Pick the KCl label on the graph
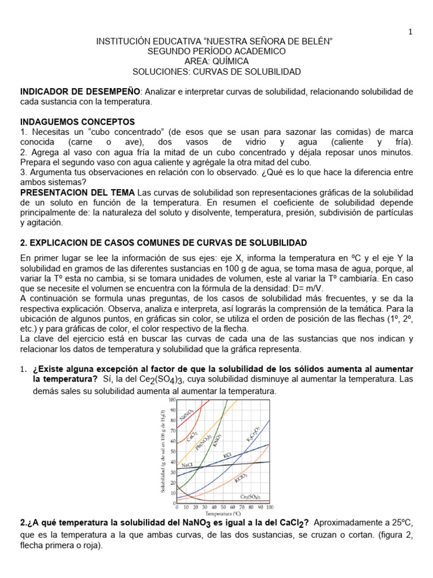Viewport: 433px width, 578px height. click(228, 454)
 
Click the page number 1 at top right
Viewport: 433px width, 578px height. click(410, 32)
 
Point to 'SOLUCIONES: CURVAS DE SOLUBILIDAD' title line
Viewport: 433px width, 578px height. click(216, 72)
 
